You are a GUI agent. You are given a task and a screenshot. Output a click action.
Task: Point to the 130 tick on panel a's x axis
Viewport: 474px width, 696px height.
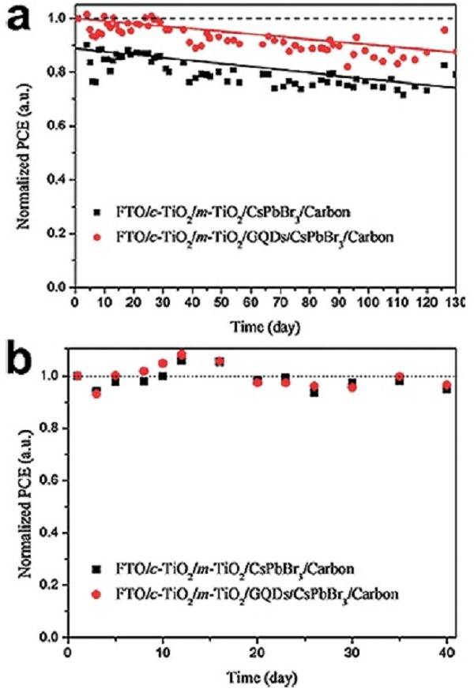pos(456,303)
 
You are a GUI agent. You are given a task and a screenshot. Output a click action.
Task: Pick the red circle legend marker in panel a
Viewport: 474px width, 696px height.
pos(96,237)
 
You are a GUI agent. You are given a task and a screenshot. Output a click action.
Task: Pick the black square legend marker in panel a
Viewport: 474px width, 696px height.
pos(96,211)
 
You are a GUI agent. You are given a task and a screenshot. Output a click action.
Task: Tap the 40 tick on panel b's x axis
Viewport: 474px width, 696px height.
pos(448,652)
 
